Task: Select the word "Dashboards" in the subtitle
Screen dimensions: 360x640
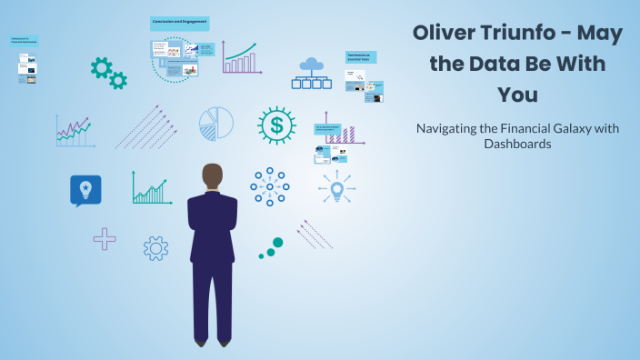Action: click(517, 144)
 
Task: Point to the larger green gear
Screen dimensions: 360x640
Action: click(101, 66)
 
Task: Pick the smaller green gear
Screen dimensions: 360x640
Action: click(118, 81)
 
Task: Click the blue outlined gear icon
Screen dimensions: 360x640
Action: click(155, 248)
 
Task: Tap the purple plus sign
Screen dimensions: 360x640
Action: click(105, 239)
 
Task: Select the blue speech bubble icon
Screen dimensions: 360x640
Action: click(85, 190)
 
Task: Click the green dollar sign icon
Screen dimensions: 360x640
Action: click(276, 125)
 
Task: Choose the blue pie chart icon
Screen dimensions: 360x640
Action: click(216, 124)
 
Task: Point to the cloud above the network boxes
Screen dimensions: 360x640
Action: click(312, 64)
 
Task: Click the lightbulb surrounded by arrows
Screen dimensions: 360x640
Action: click(336, 190)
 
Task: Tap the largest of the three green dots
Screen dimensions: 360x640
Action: click(277, 243)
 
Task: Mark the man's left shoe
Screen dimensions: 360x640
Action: click(200, 342)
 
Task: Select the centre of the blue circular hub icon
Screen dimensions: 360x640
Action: click(269, 187)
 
